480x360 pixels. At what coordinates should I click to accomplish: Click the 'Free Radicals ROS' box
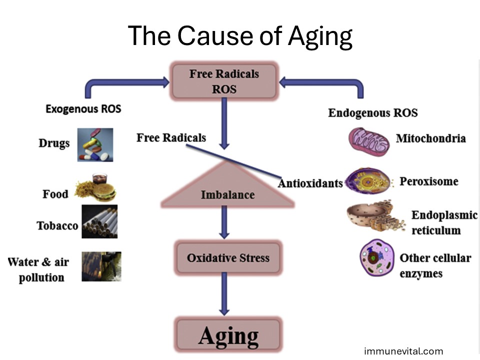224,81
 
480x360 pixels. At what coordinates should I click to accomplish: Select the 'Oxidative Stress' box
228,258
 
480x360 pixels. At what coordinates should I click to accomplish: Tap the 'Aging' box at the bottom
228,335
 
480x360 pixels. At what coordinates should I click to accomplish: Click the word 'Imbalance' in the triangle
228,195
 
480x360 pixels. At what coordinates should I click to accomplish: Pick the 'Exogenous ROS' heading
83,109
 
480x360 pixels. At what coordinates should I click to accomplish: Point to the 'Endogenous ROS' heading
373,113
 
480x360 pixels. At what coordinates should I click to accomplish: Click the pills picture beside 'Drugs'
95,145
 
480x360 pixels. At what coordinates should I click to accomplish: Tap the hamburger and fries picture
96,187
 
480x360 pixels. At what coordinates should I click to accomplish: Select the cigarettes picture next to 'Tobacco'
99,221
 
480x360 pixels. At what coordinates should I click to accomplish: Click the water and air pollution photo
101,266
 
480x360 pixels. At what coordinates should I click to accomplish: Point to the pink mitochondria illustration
369,142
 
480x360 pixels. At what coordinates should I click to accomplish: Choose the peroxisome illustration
368,181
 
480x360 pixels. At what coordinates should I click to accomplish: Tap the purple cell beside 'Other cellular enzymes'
377,258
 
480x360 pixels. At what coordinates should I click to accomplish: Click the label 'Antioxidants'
310,183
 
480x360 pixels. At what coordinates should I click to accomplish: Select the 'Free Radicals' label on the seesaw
171,138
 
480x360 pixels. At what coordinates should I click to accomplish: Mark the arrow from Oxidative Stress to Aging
224,294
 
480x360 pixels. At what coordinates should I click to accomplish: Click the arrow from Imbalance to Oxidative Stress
224,222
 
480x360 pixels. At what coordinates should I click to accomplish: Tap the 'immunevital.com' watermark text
404,351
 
